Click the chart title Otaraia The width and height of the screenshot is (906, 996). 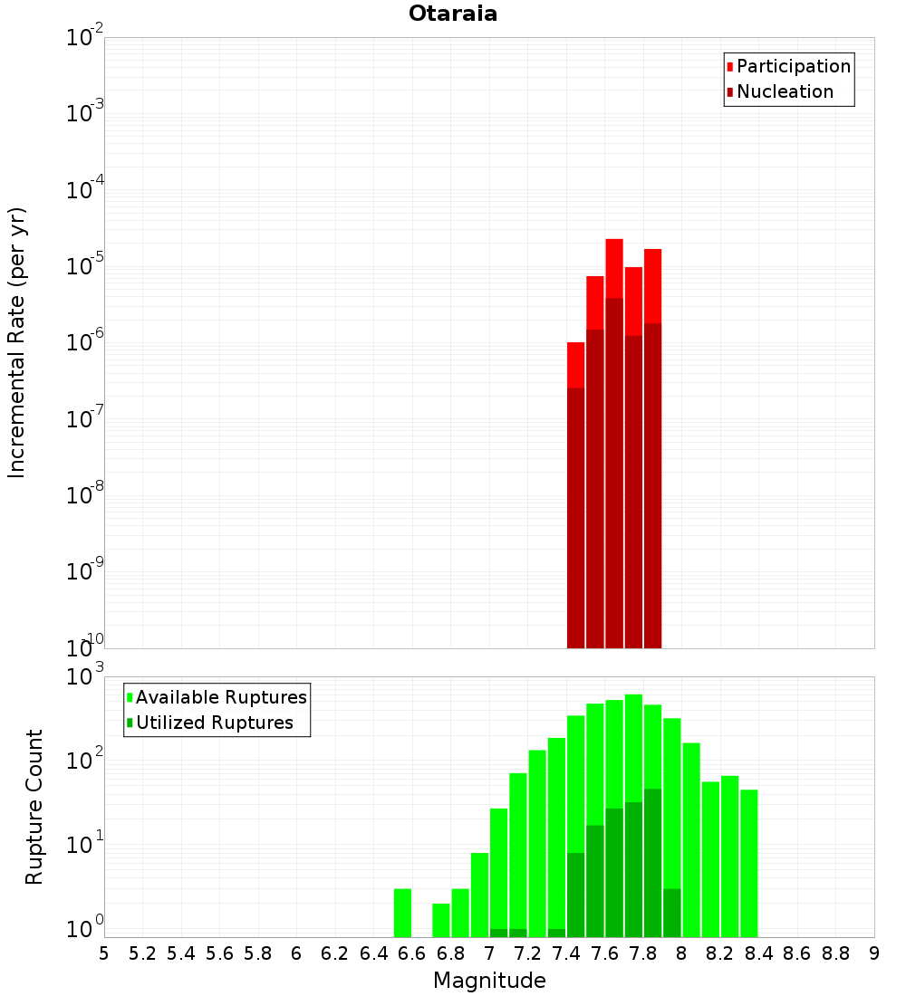click(452, 14)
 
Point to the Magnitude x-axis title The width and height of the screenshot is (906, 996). click(489, 981)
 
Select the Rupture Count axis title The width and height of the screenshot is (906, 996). click(34, 806)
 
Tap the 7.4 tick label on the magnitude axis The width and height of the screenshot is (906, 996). click(566, 953)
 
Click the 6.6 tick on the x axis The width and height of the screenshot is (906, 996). click(412, 953)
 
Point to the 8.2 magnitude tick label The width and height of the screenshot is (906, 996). click(720, 953)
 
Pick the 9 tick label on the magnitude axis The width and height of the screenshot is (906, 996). click(874, 953)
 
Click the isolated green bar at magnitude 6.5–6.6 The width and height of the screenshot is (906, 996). click(402, 913)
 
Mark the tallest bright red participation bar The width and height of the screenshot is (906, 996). click(614, 268)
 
